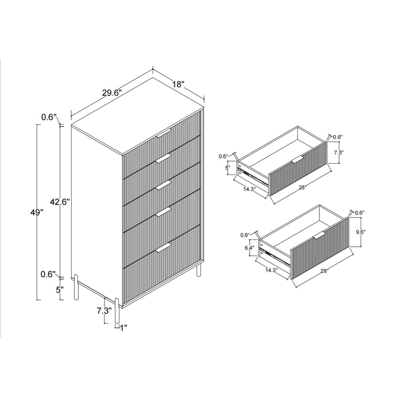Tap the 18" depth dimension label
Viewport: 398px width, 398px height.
click(x=178, y=85)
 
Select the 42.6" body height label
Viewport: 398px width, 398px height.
click(x=59, y=201)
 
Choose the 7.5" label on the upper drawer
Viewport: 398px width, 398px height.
click(x=338, y=152)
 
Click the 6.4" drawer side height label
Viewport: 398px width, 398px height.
click(x=250, y=247)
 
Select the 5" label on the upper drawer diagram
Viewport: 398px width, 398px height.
click(x=228, y=168)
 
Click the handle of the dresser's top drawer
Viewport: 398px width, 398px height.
click(x=164, y=133)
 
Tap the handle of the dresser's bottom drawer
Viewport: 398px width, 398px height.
click(x=164, y=248)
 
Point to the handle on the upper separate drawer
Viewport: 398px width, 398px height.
click(x=297, y=159)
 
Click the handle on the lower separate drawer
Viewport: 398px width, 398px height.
click(x=319, y=234)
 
